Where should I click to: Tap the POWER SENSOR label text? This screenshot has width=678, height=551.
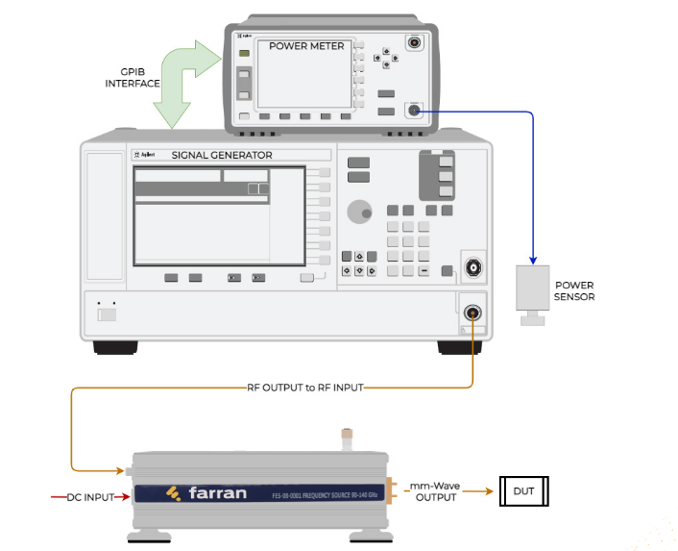575,290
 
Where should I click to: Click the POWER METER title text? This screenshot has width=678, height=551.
305,45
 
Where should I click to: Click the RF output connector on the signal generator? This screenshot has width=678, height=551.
472,313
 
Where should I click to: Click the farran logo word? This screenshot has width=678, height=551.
218,494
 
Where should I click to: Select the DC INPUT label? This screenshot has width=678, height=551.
90,496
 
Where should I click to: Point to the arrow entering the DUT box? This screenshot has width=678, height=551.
485,491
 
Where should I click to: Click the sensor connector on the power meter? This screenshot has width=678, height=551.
414,111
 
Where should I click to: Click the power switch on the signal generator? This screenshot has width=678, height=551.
109,313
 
